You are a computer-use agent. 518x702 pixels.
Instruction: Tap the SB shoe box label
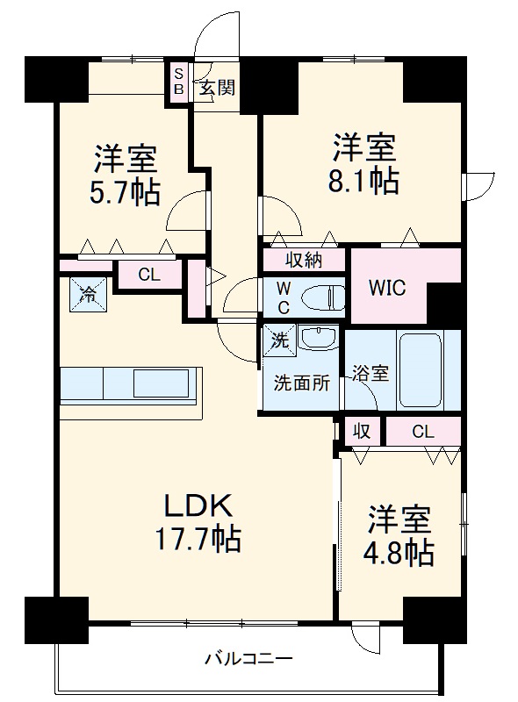(178, 82)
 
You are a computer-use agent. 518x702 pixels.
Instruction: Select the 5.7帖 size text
(126, 191)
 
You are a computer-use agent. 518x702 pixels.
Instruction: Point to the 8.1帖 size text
(365, 180)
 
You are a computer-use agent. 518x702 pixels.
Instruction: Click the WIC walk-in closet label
(386, 289)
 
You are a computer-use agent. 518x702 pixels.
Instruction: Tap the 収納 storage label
(304, 260)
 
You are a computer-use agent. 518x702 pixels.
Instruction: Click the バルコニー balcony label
(248, 657)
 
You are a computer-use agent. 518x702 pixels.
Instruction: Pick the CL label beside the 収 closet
(423, 431)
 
